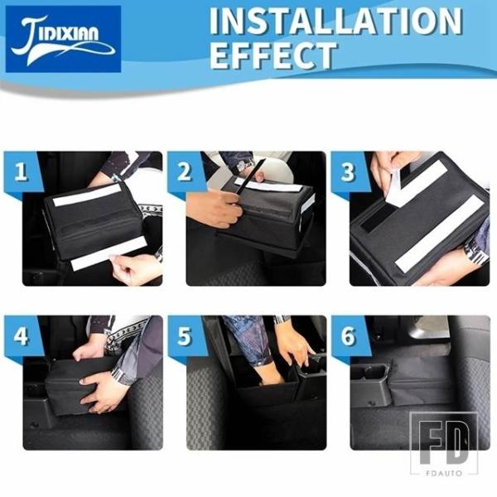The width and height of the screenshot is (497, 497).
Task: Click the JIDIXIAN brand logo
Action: coord(63,39)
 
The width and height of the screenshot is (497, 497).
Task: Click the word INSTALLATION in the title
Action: coord(335,22)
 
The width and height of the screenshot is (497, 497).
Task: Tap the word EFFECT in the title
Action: coord(273,55)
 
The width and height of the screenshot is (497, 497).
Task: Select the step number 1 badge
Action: coord(21,171)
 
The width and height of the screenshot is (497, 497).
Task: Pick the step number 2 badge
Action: coord(184,171)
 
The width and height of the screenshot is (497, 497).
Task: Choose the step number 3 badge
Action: coord(348,171)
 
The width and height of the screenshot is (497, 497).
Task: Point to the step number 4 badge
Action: coord(21,336)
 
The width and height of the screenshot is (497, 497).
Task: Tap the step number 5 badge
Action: coord(184,336)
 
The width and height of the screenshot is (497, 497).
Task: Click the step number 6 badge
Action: coord(348,336)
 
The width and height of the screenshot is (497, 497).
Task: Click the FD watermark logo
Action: coord(444,443)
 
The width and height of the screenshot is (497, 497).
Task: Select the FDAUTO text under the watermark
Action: coord(444,473)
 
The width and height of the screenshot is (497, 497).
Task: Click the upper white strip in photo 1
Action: coord(87,195)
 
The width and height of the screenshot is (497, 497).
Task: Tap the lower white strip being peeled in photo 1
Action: coord(109,253)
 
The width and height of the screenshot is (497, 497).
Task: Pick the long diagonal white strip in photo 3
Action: coord(440,234)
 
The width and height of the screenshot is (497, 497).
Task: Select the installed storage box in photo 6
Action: coord(422,381)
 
